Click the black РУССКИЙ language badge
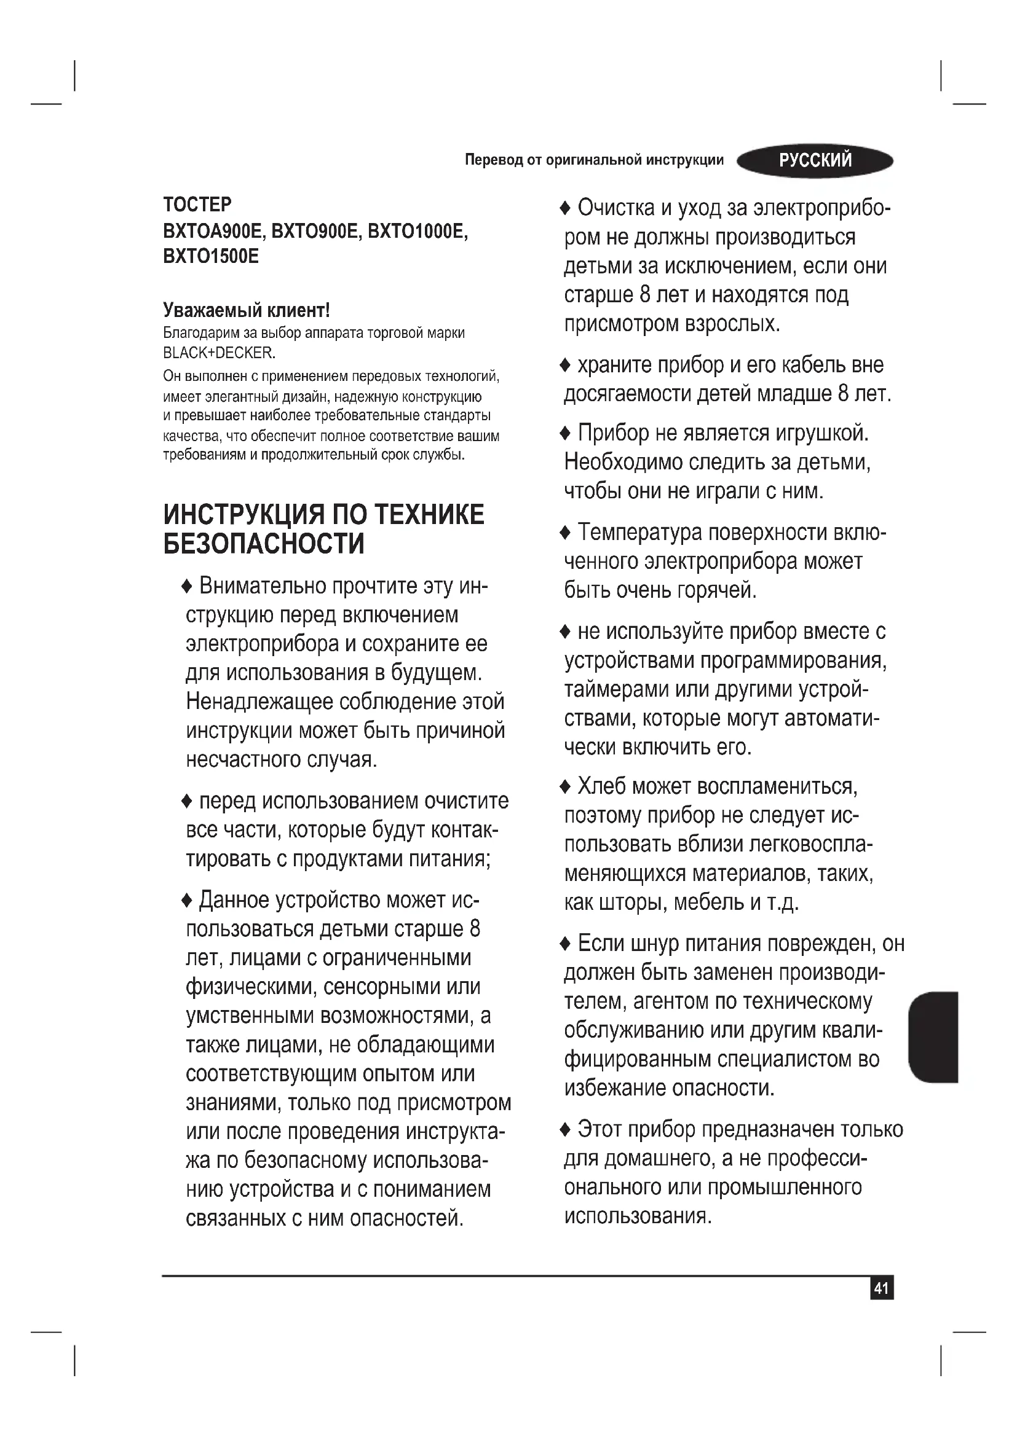[815, 161]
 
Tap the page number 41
[882, 1288]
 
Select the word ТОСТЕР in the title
[197, 205]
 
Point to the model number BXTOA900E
[212, 232]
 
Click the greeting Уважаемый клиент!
[246, 310]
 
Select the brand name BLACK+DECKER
[218, 353]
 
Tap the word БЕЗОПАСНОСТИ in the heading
[264, 543]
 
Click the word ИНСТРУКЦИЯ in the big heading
[244, 514]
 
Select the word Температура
[639, 533]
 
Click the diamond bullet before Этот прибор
[565, 1130]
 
